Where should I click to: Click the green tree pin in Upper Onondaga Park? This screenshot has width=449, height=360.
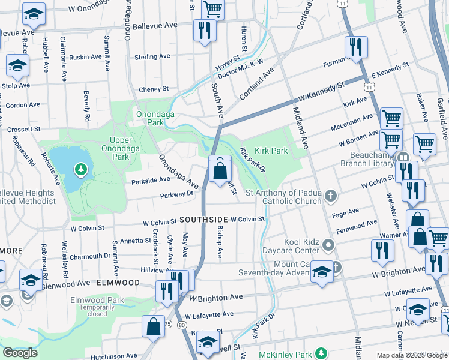pos(80,170)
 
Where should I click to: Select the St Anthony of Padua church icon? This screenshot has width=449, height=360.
pos(330,196)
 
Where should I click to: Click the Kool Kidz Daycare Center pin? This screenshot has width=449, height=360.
pos(328,244)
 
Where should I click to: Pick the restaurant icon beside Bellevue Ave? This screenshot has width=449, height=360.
pos(205,30)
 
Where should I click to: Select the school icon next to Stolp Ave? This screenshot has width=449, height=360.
pos(17,66)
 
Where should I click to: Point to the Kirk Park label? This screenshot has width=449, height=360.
pos(271,151)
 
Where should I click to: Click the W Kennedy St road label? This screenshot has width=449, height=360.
pos(321,92)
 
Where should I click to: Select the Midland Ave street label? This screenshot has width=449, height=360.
pos(300,128)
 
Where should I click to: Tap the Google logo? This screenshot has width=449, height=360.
pos(20,353)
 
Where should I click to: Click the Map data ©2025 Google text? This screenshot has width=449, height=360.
pos(411,355)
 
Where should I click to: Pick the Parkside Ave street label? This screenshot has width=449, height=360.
pos(150,179)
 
